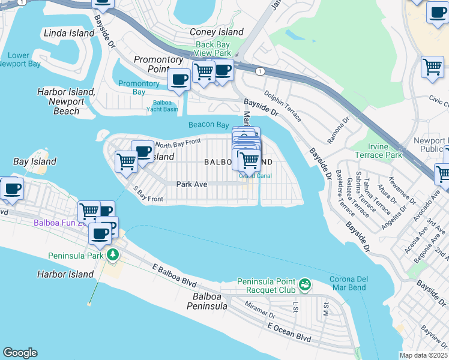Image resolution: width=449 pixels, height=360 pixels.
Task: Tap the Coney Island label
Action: click(x=217, y=32)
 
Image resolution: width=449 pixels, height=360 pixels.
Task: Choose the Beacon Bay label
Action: click(x=208, y=125)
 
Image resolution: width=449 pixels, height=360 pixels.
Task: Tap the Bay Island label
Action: click(x=35, y=161)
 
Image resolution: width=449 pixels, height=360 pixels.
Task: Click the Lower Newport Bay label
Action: click(x=19, y=60)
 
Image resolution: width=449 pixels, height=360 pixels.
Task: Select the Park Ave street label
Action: click(x=191, y=184)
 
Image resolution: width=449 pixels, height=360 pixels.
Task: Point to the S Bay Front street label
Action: click(x=148, y=194)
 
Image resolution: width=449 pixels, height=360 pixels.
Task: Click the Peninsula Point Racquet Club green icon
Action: click(x=305, y=283)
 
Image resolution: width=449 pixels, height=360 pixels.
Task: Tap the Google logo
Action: click(x=20, y=353)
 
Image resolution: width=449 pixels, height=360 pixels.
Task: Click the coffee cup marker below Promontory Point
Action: click(x=179, y=80)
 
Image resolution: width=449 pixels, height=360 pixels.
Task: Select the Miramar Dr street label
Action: click(x=260, y=310)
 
